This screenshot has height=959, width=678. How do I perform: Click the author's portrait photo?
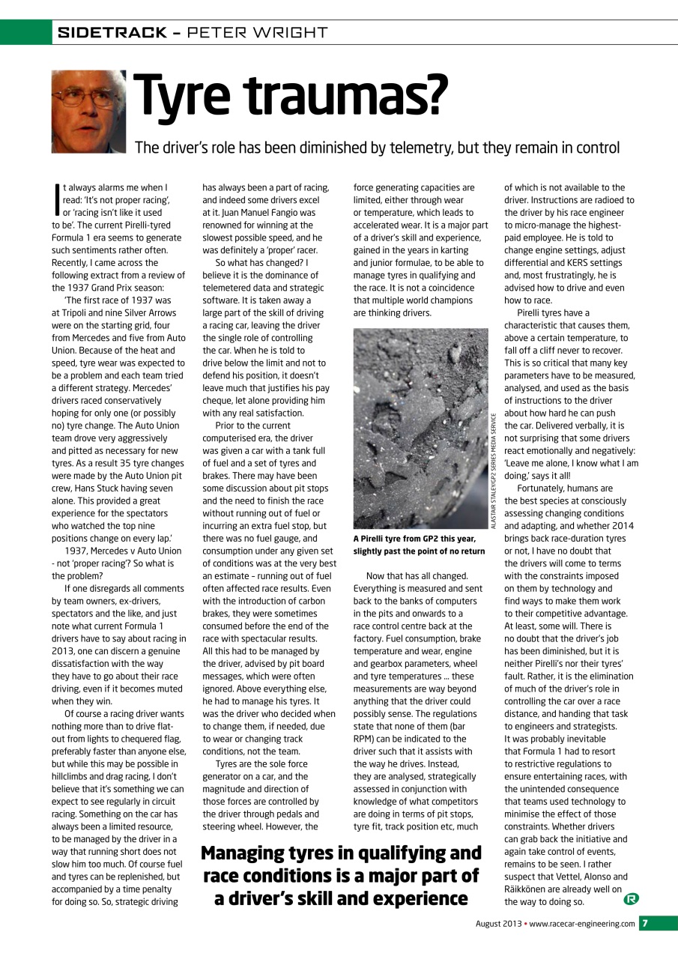pos(88,111)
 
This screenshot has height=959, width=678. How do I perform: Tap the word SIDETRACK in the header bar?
pos(112,32)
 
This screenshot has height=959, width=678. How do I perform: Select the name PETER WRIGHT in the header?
pos(257,32)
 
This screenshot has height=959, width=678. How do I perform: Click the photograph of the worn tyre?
pos(420,429)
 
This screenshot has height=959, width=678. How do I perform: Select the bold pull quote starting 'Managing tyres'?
pos(341,875)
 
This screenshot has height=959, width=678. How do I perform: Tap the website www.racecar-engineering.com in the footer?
pos(582,924)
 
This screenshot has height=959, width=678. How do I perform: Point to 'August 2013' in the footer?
pos(498,924)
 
